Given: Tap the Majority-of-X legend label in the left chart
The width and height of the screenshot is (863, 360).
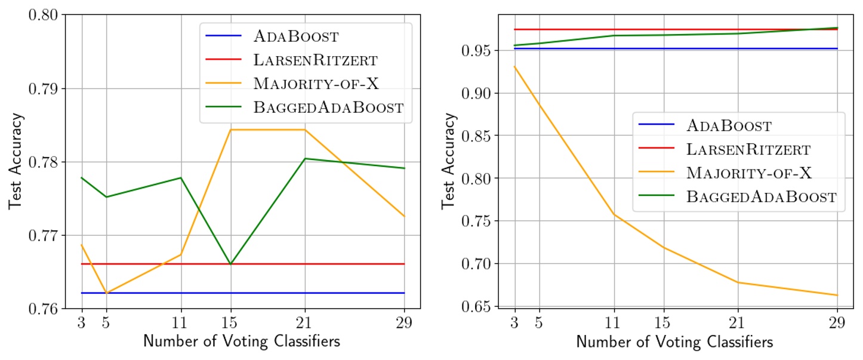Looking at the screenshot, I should pyautogui.click(x=316, y=83).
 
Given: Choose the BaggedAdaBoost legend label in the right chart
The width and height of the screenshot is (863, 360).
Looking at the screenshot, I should pyautogui.click(x=762, y=196).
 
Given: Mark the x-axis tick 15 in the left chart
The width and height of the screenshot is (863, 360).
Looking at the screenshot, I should pyautogui.click(x=230, y=324).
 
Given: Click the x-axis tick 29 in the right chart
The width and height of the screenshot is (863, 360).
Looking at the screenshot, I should pyautogui.click(x=837, y=324).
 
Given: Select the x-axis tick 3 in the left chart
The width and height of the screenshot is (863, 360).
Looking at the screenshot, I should pyautogui.click(x=81, y=324).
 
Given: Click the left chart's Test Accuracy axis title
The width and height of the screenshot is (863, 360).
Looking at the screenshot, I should pyautogui.click(x=16, y=161).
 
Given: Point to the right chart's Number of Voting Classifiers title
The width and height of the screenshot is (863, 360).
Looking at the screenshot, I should pyautogui.click(x=674, y=343).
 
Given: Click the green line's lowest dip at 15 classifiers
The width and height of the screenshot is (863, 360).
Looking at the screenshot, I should pyautogui.click(x=230, y=264).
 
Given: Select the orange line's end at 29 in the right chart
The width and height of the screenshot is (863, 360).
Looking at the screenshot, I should pyautogui.click(x=837, y=295).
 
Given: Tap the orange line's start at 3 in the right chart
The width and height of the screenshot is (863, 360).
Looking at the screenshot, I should pyautogui.click(x=514, y=66).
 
